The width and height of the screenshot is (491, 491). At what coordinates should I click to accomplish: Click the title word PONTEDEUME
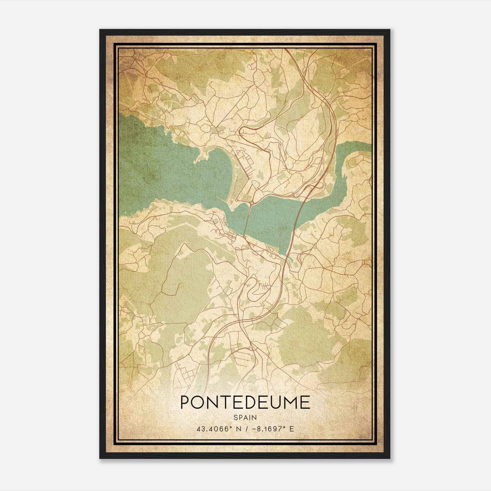245,403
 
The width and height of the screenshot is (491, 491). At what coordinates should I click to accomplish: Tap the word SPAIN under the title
245,417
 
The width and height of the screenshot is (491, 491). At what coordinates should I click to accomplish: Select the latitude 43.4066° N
218,429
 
